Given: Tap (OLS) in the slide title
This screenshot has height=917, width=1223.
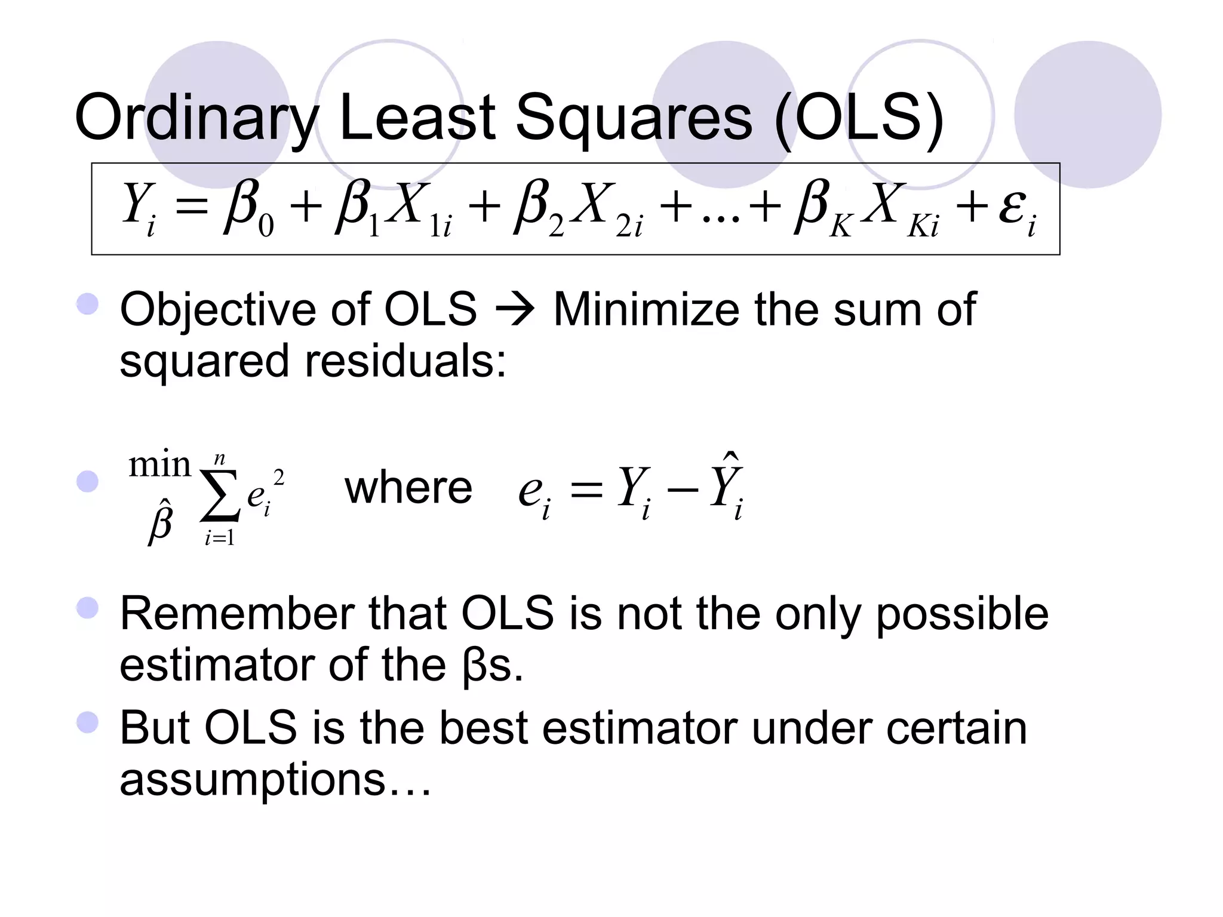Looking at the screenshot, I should coord(859,118).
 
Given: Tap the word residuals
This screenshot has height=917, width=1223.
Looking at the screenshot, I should coord(405,361).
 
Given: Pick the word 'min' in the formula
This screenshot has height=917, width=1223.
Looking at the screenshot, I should coord(159,464).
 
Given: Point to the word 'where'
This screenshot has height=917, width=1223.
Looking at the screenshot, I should coord(408,488).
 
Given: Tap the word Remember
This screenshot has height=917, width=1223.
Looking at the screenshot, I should coord(237,614).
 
